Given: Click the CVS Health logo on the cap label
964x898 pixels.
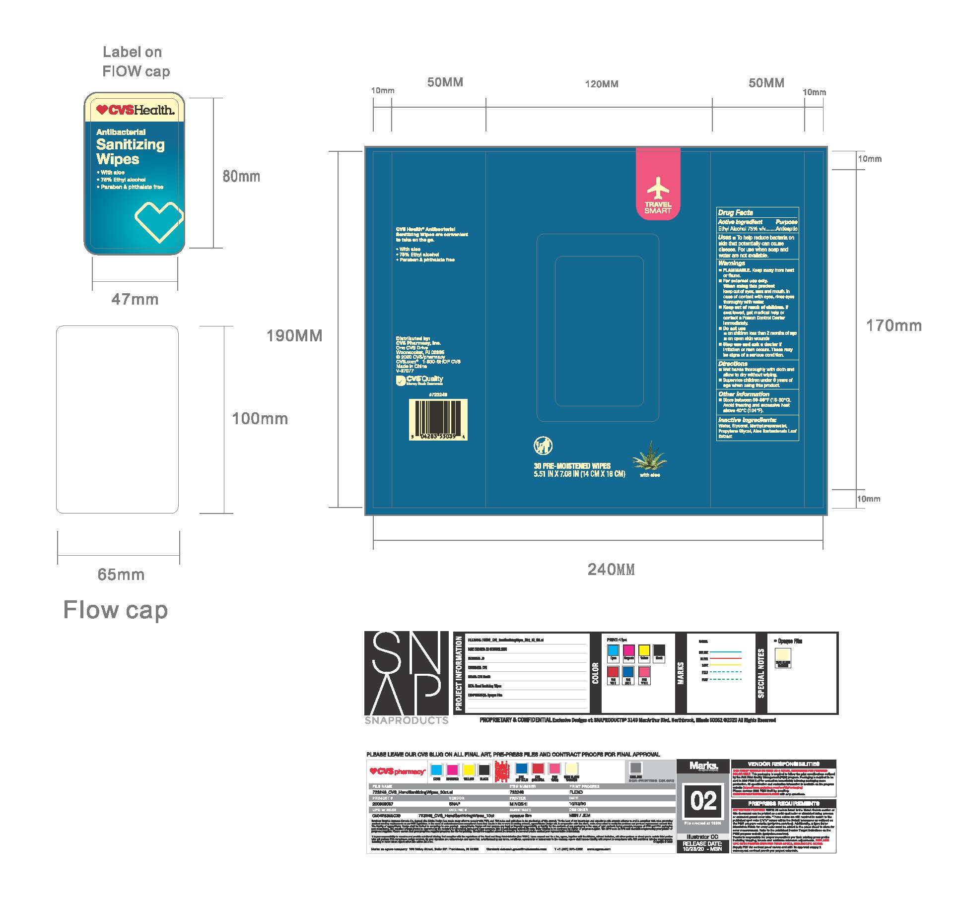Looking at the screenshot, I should click(x=135, y=110).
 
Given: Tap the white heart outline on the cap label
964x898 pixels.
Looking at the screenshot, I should click(x=158, y=222).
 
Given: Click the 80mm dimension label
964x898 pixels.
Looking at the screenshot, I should click(x=241, y=176).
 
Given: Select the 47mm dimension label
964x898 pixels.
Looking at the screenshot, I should click(x=135, y=299).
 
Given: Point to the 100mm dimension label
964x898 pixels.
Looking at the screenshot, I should click(x=260, y=419).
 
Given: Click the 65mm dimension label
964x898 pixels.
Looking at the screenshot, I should click(x=121, y=575).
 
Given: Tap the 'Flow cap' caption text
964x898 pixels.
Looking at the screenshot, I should click(x=115, y=610).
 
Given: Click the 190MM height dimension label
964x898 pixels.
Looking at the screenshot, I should click(x=294, y=336).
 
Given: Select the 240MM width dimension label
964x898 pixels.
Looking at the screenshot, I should click(x=611, y=570).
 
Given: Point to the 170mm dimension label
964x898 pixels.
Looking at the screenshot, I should click(x=894, y=325).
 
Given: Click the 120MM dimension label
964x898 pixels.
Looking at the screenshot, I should click(x=602, y=84).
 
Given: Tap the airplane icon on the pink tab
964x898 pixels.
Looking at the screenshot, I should click(x=658, y=188).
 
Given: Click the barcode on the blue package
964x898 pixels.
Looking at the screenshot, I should click(x=437, y=420).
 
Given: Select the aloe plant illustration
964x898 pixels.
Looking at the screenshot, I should click(x=649, y=456).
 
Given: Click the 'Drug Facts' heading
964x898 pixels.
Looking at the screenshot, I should click(x=735, y=212).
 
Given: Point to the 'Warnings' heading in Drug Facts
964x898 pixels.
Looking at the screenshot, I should click(x=731, y=263).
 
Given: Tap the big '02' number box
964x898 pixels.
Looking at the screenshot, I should click(x=703, y=802).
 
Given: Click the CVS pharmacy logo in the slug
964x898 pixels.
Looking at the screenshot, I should click(x=397, y=771).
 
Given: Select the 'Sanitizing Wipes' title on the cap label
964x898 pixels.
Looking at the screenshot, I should click(x=130, y=152).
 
